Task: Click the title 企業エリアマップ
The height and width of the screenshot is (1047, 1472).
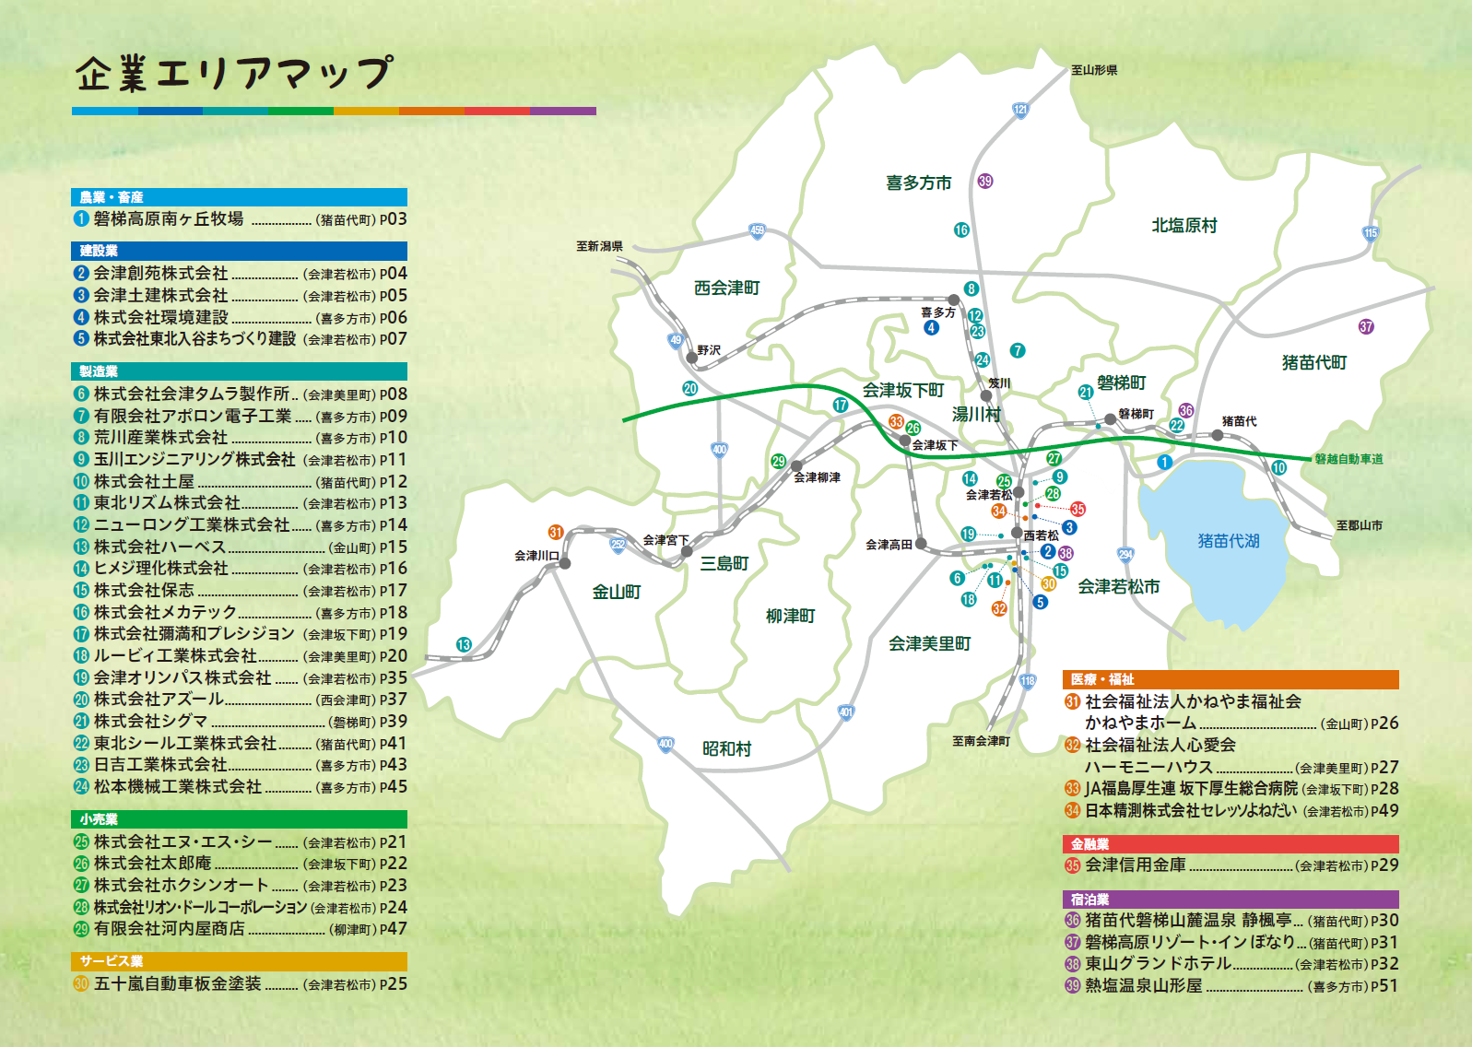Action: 233,74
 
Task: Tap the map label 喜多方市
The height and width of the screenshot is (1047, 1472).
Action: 918,182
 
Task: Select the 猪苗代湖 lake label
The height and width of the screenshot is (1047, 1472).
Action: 1228,541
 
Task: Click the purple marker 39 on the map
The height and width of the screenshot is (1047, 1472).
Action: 985,181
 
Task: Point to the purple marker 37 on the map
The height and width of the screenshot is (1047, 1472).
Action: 1366,326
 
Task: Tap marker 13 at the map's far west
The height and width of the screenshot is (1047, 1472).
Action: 464,644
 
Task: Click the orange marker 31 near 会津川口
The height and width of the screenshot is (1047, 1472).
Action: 555,532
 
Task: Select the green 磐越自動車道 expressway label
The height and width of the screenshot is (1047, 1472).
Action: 1348,459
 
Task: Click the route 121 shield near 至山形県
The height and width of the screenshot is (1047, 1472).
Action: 1020,110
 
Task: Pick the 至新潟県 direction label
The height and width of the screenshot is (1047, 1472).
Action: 599,246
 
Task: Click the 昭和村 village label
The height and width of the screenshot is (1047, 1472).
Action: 726,748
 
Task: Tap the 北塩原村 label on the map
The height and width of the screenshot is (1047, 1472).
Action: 1183,225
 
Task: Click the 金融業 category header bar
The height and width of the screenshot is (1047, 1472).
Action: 1089,843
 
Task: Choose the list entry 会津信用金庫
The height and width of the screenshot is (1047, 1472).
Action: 1136,865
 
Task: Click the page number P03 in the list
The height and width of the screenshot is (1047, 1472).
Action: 393,219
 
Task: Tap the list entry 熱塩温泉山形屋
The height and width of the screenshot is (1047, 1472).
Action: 1144,985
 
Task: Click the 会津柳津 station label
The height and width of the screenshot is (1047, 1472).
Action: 817,477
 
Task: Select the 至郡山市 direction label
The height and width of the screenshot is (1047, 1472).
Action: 1359,525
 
